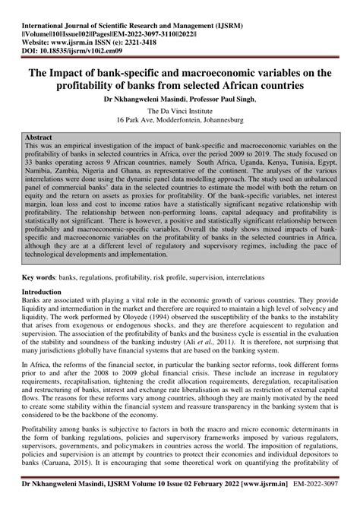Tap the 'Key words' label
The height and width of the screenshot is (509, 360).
[39, 278]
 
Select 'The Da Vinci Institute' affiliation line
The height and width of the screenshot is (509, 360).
[179, 111]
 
